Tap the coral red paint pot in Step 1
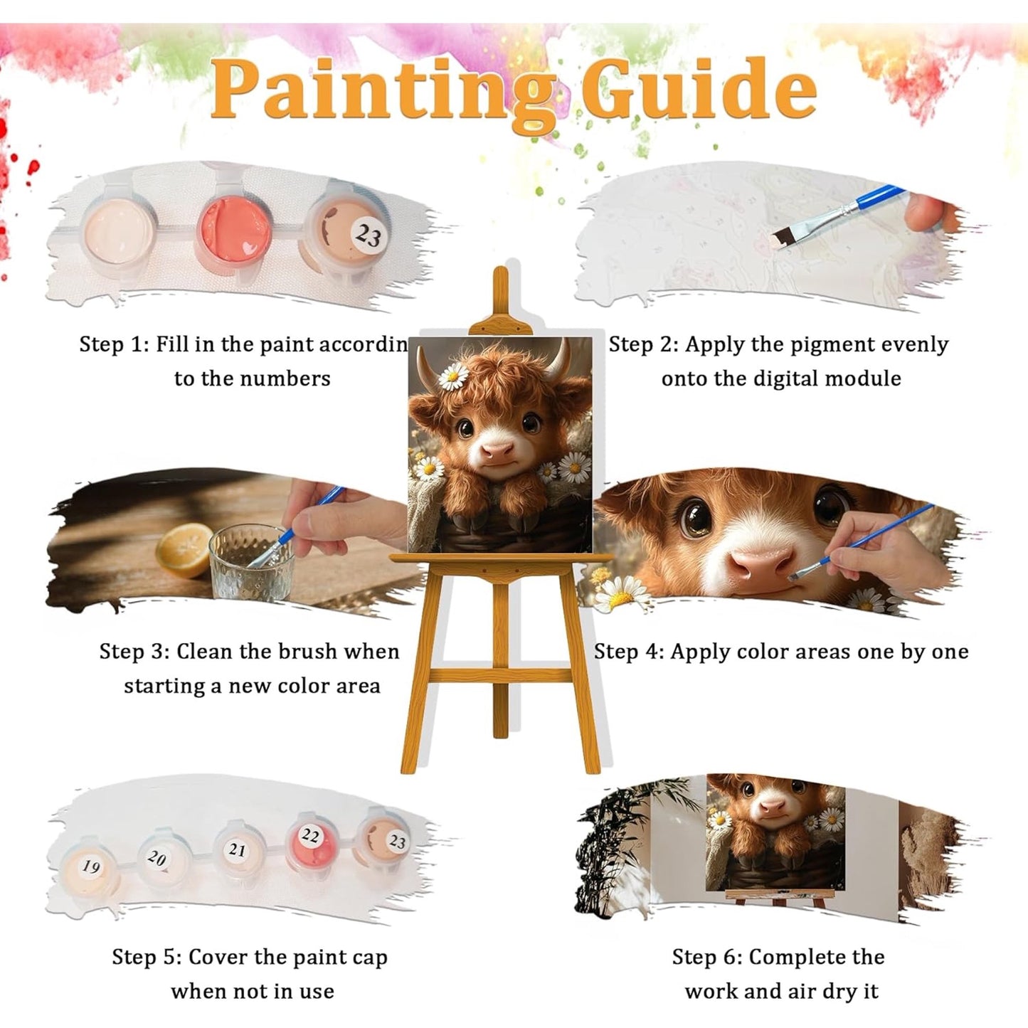click(x=234, y=229)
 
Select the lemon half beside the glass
click(x=184, y=549)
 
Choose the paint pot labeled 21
click(x=238, y=852)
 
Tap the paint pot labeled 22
click(x=311, y=840)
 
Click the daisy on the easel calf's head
click(x=453, y=376)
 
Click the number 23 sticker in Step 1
click(x=369, y=235)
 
